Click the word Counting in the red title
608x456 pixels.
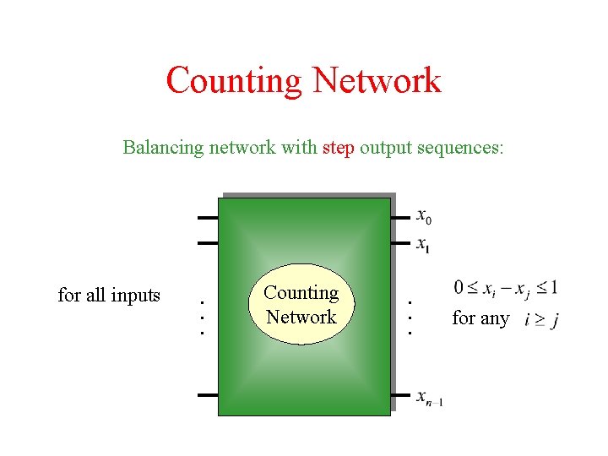click(234, 81)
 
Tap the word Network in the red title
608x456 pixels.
click(376, 81)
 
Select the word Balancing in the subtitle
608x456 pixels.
click(163, 148)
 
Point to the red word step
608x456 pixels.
click(339, 148)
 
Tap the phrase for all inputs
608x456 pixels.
click(109, 295)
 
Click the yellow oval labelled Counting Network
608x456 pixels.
click(301, 305)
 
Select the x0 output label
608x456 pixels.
click(424, 217)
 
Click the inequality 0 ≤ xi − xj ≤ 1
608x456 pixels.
click(505, 288)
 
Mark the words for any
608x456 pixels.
click(480, 318)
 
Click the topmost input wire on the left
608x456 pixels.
click(208, 218)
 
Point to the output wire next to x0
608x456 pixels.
click(401, 217)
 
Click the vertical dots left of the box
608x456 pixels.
click(202, 316)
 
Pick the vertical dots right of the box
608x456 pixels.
click(410, 317)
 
